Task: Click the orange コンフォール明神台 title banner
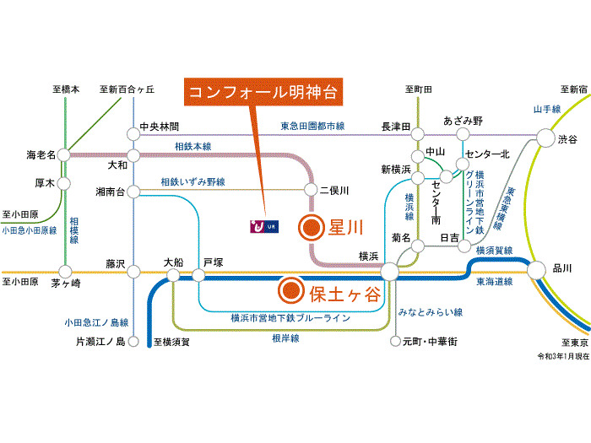263,92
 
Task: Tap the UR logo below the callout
264,226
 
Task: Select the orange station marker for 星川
312,228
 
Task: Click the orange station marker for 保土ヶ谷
291,290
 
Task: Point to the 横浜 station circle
389,272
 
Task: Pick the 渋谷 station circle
545,138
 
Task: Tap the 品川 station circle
536,270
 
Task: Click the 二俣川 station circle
311,190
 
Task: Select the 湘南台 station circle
133,192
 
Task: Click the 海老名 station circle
63,154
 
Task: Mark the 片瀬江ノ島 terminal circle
133,342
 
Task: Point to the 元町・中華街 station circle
395,341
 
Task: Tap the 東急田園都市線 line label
312,127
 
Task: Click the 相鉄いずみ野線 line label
193,182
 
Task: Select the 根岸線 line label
285,338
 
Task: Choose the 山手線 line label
547,109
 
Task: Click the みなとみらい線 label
431,312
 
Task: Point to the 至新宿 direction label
573,89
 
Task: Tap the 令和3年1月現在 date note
563,356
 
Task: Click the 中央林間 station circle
133,133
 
